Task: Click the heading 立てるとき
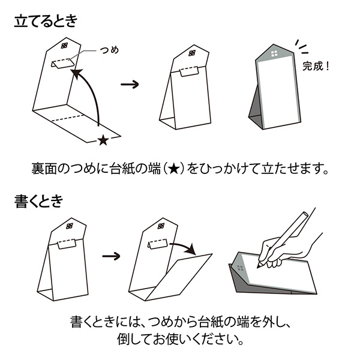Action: (x=46, y=22)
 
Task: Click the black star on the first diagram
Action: (x=103, y=140)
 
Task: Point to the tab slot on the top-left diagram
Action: (x=62, y=63)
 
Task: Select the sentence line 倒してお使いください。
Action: (x=180, y=340)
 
